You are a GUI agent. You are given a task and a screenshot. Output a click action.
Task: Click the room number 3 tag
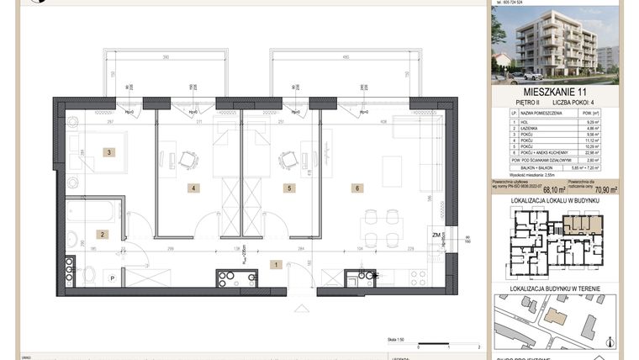coord(108,152)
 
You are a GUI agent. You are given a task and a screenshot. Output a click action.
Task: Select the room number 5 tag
coord(288,188)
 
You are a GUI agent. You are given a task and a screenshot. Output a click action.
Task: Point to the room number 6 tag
coord(357,188)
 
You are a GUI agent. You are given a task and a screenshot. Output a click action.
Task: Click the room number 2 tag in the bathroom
coord(101,235)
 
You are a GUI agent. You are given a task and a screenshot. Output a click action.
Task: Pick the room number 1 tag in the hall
coord(275,264)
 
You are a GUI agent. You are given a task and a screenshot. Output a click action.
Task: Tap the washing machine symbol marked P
coord(111,277)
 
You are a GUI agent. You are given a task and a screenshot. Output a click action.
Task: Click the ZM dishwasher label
coord(436,236)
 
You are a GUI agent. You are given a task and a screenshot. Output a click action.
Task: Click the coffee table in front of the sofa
coord(392,179)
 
